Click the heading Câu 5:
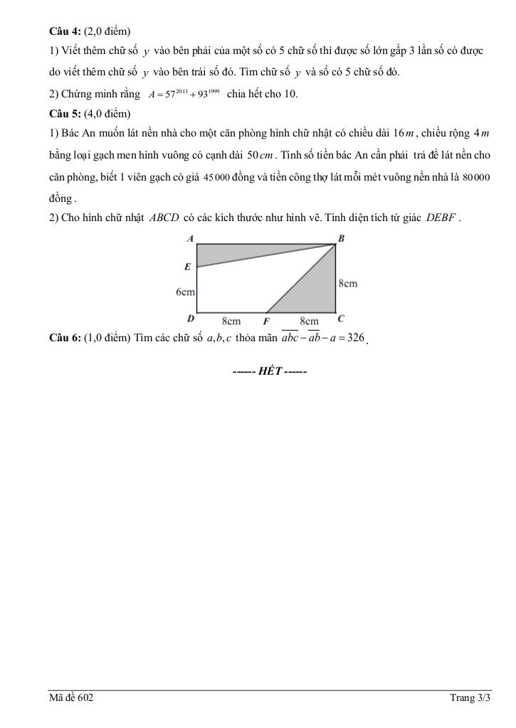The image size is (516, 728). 65,114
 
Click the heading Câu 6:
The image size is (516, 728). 65,338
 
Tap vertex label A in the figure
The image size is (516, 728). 190,239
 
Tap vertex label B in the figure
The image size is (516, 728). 341,239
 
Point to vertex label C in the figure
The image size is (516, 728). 341,318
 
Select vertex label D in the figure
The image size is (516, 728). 191,318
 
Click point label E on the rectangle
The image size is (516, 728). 188,267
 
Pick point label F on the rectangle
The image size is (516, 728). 266,321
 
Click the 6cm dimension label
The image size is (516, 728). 185,292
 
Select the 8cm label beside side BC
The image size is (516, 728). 347,284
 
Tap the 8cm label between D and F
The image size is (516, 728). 231,321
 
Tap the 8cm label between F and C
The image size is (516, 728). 309,321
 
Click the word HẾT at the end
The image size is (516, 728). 270,372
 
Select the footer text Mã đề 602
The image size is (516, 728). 71,698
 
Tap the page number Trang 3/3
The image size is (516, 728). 470,698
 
